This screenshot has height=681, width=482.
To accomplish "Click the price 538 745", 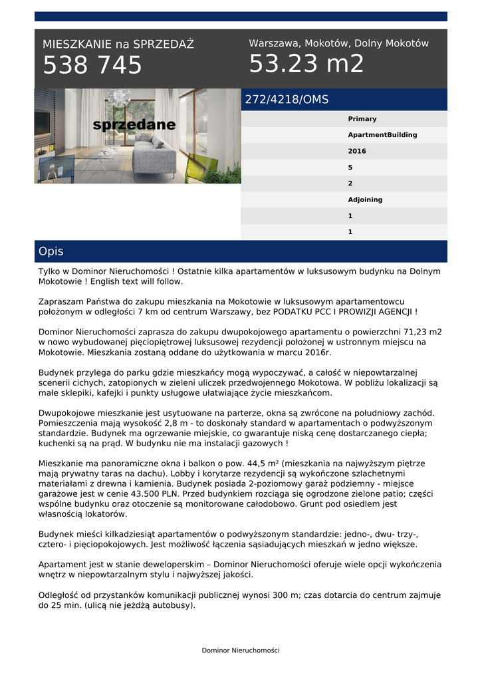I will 92,65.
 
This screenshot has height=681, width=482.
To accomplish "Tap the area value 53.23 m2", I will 306,64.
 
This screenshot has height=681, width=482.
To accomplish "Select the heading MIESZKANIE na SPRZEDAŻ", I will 118,45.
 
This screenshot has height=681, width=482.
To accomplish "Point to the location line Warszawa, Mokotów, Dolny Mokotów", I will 338,43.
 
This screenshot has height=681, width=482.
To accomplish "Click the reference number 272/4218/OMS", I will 287,100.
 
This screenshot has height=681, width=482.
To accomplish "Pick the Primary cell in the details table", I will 362,119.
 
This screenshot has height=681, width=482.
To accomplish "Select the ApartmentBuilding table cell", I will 382,135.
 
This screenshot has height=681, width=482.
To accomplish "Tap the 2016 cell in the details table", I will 357,151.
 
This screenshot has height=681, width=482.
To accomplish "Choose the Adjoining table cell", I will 365,200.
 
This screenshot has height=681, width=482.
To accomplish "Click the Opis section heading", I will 51,251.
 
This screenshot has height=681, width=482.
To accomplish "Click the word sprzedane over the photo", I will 134,125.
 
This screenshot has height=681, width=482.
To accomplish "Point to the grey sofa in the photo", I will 154,158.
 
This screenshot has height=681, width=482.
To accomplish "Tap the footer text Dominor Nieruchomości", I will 241,650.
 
